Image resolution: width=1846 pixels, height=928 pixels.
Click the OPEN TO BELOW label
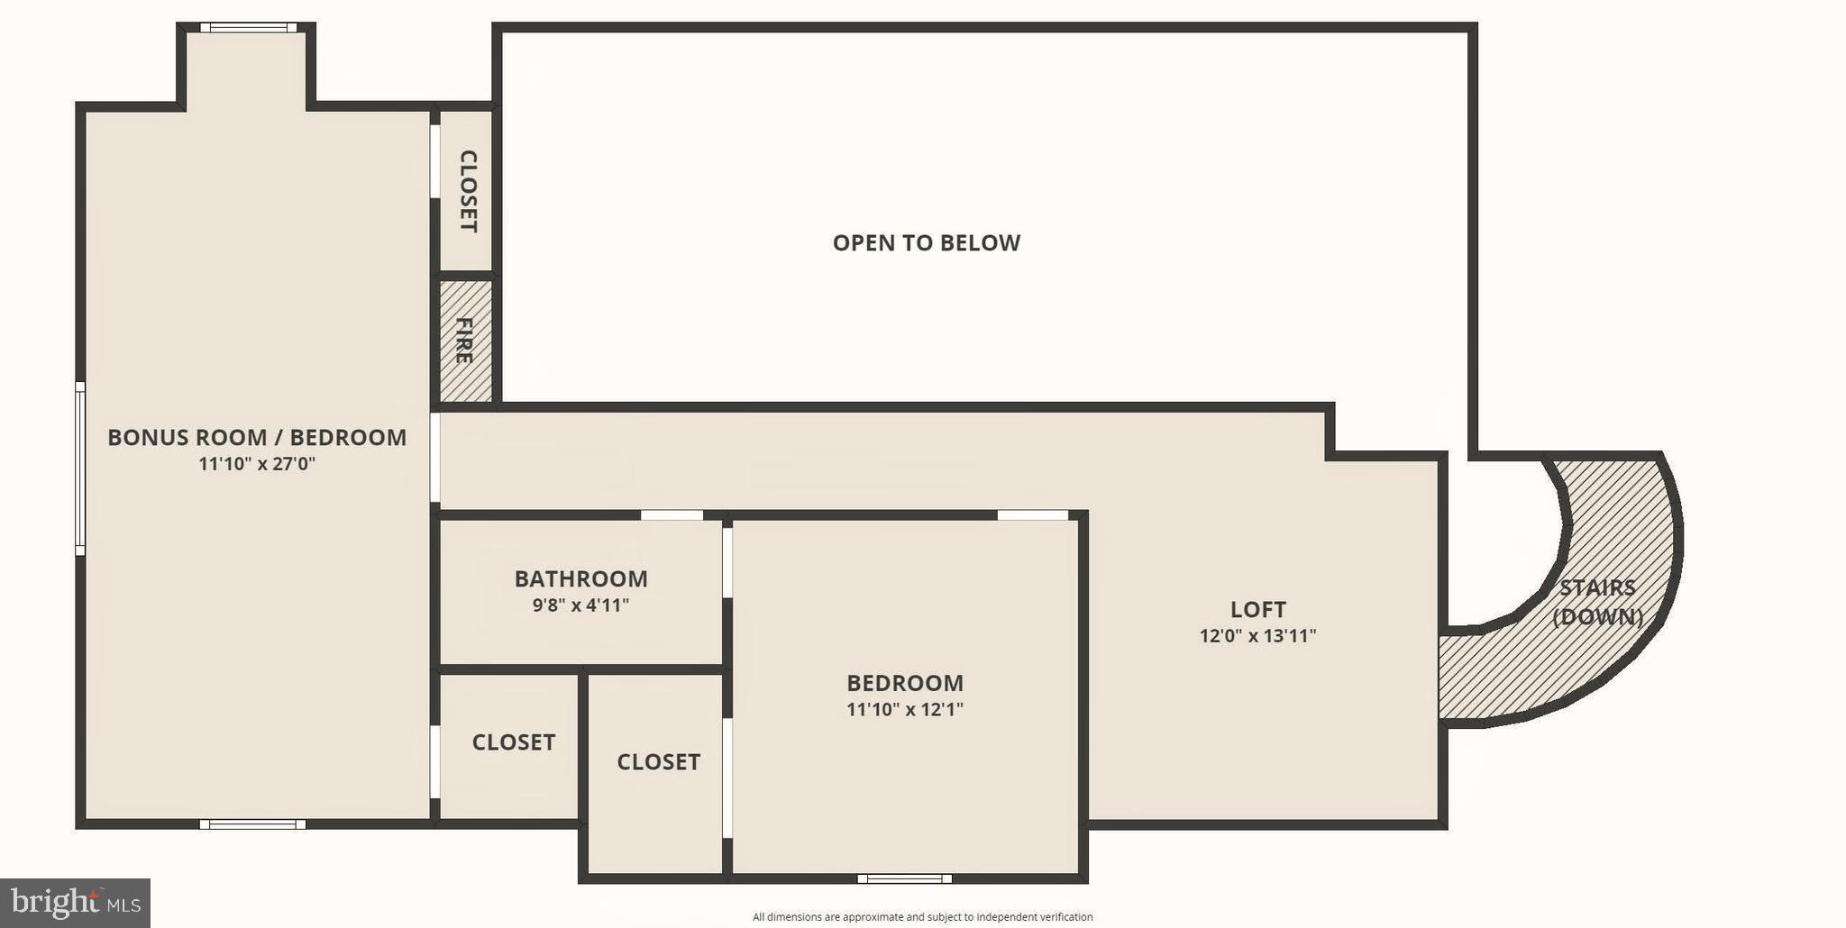tap(926, 242)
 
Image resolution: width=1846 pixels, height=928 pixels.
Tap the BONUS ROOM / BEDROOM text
tap(257, 437)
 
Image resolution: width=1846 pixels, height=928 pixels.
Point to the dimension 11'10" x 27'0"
tap(257, 464)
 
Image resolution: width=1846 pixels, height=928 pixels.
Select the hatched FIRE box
tap(466, 341)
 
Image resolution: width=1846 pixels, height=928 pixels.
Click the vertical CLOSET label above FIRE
tap(468, 191)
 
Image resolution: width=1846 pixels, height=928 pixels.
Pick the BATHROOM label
tap(580, 578)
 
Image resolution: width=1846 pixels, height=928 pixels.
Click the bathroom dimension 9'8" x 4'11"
tap(580, 605)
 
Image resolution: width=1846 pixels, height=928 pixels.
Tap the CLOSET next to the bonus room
tap(513, 742)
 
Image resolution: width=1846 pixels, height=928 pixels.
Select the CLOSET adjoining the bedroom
tap(658, 762)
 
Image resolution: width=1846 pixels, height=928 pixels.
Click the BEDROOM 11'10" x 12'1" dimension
tap(904, 710)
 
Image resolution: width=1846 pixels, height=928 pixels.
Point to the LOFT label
tap(1257, 609)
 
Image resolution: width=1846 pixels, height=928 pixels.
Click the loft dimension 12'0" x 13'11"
tap(1257, 636)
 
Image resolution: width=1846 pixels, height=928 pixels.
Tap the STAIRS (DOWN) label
tap(1597, 602)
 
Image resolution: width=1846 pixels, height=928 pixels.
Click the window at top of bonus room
tap(248, 28)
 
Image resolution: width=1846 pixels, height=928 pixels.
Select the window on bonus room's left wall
tap(80, 469)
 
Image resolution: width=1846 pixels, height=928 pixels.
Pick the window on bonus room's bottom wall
tap(252, 823)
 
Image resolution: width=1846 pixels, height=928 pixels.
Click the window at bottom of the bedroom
tap(904, 878)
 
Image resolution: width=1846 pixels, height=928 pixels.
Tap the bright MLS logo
tap(75, 902)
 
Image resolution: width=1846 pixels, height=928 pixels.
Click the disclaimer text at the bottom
tap(922, 917)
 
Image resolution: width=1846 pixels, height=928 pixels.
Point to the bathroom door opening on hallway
tap(672, 515)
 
